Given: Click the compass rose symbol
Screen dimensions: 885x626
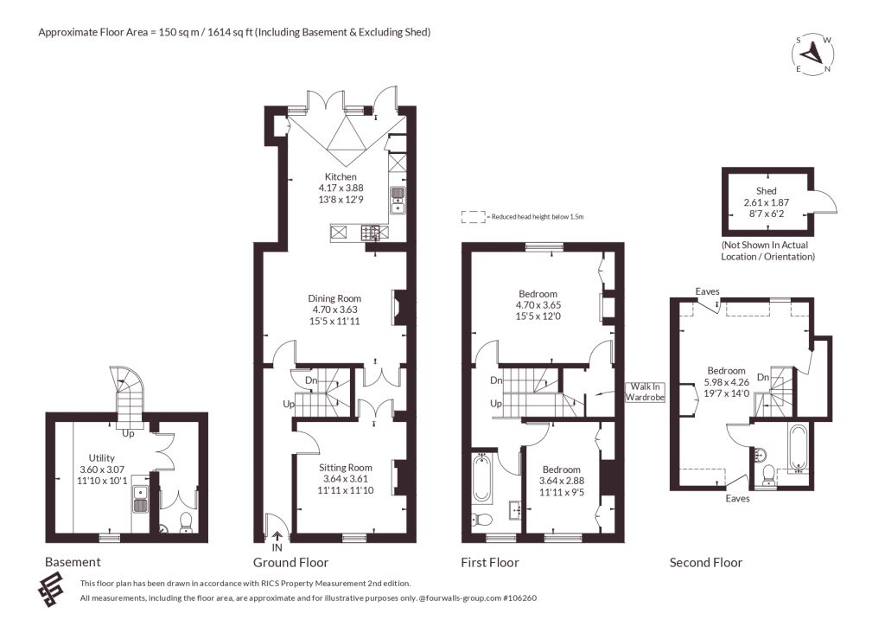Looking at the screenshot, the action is point(813,54).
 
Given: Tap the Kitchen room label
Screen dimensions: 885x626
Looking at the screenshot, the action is point(341,176).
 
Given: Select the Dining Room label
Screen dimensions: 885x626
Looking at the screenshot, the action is point(334,298).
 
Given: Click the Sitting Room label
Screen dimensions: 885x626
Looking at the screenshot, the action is point(346,468).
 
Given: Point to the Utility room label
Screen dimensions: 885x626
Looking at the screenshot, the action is point(102,457).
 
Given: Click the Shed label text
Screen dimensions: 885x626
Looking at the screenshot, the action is point(766,191).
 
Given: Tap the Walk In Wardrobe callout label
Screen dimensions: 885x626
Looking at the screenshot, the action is point(645,392).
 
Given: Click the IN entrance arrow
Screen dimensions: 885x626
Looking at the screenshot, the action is point(277,536).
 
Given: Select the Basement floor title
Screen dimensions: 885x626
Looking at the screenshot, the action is point(73,562).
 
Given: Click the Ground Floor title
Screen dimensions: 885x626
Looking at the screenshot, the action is point(290,563).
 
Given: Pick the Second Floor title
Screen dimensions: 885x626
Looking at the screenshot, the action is point(705,563).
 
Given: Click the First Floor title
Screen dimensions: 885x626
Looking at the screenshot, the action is point(490,563).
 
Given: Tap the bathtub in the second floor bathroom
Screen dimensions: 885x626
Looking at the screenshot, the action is point(799,448).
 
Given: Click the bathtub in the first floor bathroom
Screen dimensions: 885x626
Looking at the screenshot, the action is point(481,479).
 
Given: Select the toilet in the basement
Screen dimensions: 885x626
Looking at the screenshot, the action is point(185,523).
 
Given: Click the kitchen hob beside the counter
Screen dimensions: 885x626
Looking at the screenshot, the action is point(370,232).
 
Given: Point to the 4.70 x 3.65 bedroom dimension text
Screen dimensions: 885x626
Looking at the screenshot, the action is point(538,305).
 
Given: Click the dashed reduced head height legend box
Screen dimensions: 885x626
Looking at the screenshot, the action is point(474,217).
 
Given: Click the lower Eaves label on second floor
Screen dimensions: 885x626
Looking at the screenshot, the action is point(738,498).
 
